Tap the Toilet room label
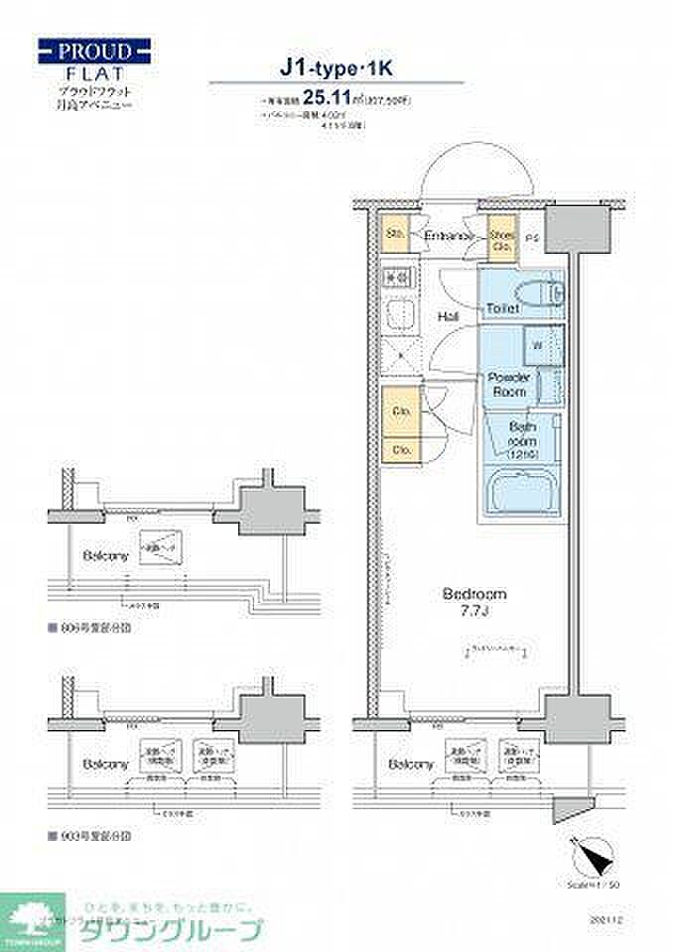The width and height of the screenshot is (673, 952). [503, 308]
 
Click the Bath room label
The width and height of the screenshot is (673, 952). [523, 438]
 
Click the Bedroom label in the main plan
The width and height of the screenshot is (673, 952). [473, 594]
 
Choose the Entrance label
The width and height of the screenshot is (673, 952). [448, 236]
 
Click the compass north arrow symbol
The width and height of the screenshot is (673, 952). [587, 852]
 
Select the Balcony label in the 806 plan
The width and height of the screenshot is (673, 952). [103, 555]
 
